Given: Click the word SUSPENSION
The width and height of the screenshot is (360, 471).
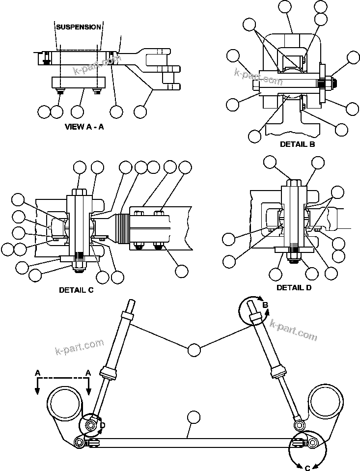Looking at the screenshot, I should [79, 27].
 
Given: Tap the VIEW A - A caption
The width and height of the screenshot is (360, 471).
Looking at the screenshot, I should [84, 127].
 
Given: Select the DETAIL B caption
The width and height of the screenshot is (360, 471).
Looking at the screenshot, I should [297, 144].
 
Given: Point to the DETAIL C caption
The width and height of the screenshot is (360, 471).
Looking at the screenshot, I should [76, 290].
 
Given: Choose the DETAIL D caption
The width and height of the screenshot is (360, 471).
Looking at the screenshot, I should [294, 287].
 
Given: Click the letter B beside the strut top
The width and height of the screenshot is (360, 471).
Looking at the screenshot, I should [265, 305].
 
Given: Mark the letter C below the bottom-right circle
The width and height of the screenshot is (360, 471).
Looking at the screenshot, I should [307, 468].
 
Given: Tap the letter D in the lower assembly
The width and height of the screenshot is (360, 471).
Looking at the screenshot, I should [102, 425].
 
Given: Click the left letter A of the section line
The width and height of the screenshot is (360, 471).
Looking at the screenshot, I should [37, 373].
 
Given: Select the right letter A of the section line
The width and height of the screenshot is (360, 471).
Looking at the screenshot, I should [88, 373].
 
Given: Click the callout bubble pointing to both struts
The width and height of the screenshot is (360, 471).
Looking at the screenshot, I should [194, 350].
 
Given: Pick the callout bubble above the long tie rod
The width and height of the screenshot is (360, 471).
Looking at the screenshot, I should [194, 417].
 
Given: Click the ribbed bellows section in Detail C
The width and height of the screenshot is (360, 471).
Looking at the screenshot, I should [121, 230].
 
